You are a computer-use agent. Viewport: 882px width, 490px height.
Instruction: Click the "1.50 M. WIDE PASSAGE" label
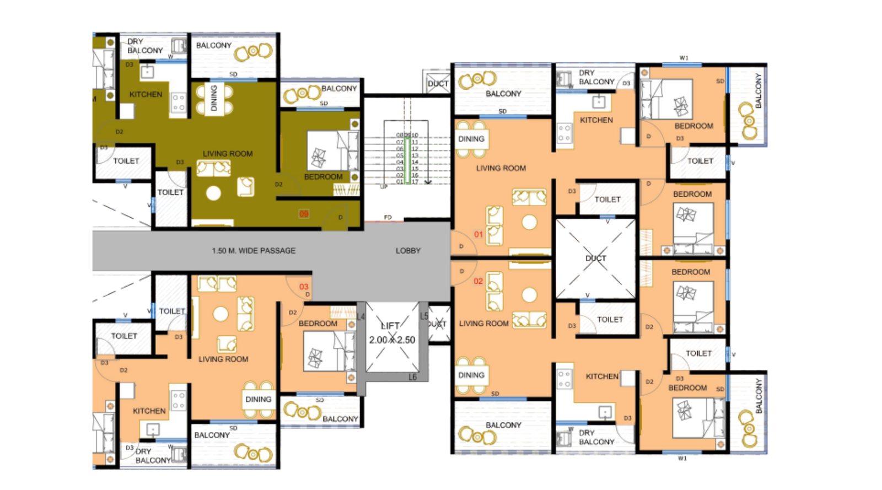254,251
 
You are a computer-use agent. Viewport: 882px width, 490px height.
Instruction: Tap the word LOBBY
408,251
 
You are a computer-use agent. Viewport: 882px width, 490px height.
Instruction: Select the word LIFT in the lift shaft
390,326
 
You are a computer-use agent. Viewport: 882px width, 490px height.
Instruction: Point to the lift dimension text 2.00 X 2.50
392,340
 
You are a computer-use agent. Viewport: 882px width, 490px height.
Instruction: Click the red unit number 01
478,234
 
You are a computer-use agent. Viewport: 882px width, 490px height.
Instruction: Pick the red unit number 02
478,281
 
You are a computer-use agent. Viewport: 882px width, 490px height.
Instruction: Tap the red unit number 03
304,287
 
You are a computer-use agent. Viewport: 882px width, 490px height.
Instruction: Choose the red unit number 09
304,214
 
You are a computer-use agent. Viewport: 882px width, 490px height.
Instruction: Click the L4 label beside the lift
361,317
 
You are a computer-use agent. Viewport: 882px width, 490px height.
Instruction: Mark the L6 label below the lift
412,378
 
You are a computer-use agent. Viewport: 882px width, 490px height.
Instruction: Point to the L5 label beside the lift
423,317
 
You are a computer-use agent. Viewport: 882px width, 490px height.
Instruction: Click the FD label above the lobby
388,218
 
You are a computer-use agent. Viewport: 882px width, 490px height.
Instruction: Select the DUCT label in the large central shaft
595,258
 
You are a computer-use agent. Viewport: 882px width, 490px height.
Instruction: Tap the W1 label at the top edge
684,58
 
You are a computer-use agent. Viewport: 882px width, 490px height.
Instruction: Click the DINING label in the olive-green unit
214,98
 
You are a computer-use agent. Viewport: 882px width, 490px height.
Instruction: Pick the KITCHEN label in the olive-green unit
146,94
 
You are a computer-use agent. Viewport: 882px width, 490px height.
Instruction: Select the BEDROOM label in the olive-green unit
323,177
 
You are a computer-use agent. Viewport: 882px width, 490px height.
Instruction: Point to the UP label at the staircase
384,187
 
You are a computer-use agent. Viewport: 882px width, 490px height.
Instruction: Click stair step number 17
415,182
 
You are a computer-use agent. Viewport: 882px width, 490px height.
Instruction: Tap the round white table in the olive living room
213,193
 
